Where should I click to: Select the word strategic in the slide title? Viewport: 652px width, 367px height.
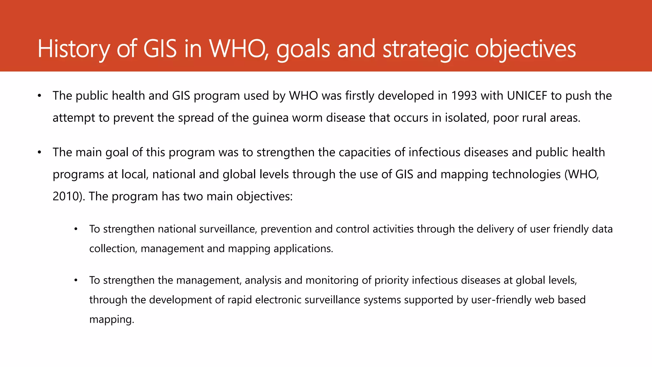[426, 49]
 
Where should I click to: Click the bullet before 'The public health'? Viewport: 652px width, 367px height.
[39, 96]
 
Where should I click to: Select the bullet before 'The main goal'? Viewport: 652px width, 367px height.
[39, 153]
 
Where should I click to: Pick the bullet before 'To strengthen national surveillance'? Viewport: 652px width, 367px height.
[76, 229]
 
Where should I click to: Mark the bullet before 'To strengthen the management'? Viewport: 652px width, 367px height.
[76, 281]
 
